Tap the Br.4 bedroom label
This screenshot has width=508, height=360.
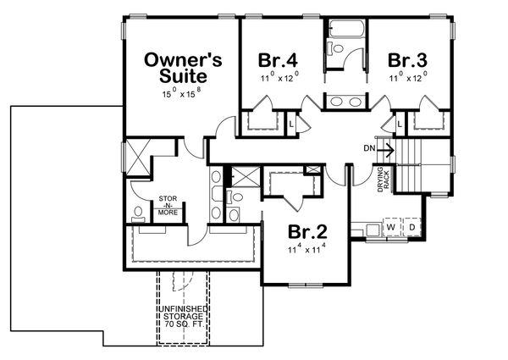coord(277,60)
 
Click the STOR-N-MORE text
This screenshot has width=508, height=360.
coord(168,206)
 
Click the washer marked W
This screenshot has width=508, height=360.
coord(391,228)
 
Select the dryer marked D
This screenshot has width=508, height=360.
coord(412,228)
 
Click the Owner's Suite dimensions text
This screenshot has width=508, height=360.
coord(183,91)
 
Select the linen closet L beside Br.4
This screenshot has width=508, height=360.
coord(291,124)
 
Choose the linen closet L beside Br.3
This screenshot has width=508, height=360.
coord(400,124)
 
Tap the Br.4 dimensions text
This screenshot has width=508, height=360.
coord(277,78)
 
